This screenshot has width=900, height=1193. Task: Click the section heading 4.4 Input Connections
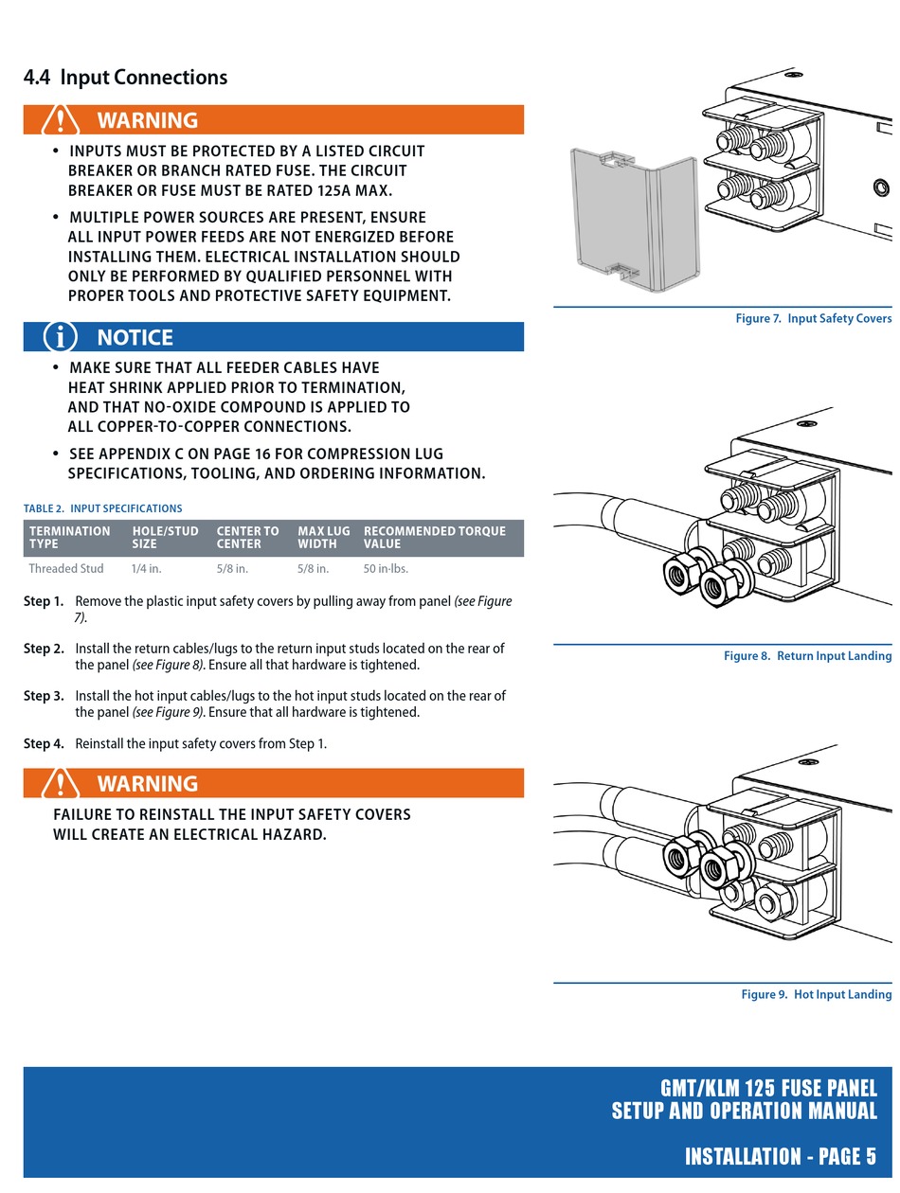(125, 78)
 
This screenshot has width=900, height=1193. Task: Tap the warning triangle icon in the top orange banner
(61, 120)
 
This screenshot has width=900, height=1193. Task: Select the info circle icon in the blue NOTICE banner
(61, 337)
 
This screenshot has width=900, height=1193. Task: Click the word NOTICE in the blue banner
(135, 337)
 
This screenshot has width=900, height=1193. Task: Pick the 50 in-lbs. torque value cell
(386, 569)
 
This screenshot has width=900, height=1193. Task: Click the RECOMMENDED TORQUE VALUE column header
(434, 538)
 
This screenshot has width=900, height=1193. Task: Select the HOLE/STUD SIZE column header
(165, 538)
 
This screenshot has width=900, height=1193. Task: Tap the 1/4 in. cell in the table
(146, 569)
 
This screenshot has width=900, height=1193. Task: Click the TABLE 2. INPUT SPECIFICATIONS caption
(103, 508)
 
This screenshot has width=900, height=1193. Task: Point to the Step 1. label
(44, 601)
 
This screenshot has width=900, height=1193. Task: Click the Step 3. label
(44, 696)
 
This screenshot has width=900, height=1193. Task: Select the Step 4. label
(44, 744)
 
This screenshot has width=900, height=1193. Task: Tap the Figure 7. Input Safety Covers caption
(813, 319)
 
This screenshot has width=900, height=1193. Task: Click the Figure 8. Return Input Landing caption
(807, 656)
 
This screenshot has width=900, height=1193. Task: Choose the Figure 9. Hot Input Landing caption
(816, 995)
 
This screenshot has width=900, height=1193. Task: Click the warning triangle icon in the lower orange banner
(61, 784)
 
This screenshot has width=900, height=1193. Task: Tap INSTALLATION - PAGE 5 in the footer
(780, 1156)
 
